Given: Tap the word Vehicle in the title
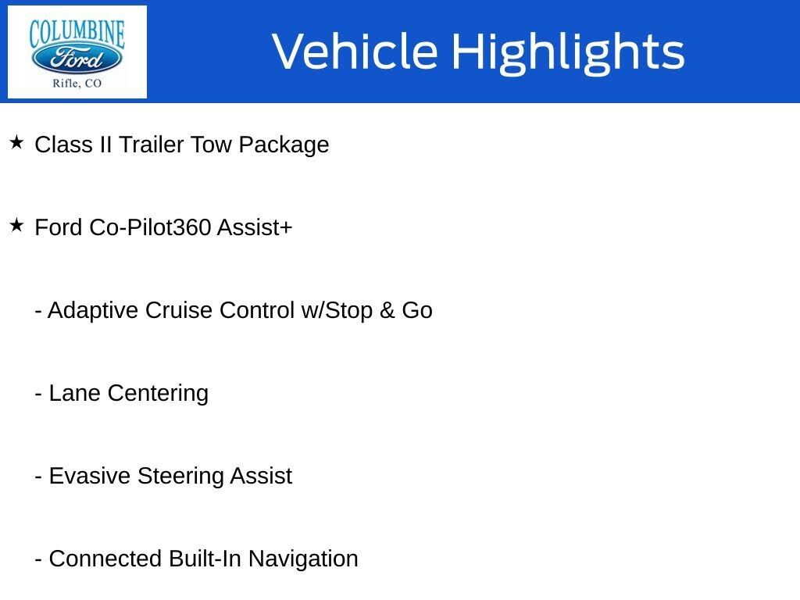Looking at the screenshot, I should [x=355, y=52].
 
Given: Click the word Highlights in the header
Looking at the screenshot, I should [x=568, y=52].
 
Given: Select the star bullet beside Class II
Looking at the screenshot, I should [x=16, y=143].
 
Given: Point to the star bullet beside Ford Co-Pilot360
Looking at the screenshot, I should [x=16, y=226].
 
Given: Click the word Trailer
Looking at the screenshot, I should [x=152, y=145].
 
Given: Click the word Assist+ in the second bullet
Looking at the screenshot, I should [x=255, y=227].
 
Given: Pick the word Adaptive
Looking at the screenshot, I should [x=94, y=311].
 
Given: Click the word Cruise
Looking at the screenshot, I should [x=180, y=310].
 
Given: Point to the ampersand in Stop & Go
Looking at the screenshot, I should [x=387, y=311].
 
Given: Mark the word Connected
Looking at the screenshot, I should [x=105, y=559].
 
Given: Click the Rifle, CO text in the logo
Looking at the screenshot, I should [x=77, y=83].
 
